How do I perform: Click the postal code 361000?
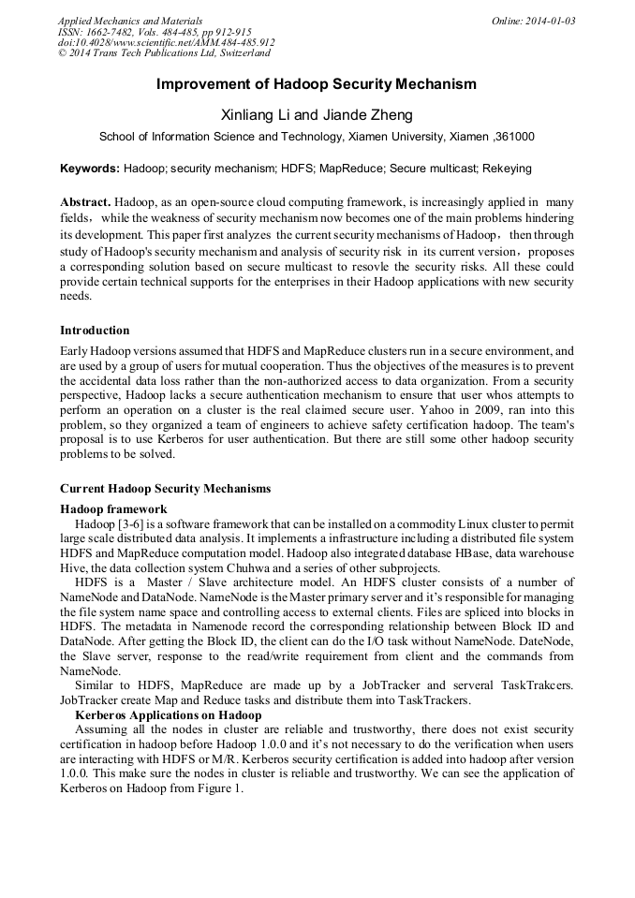click(515, 137)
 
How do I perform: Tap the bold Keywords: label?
click(90, 169)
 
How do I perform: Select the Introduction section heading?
click(95, 331)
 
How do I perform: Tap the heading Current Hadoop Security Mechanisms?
click(165, 489)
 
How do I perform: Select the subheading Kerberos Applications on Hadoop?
click(168, 715)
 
